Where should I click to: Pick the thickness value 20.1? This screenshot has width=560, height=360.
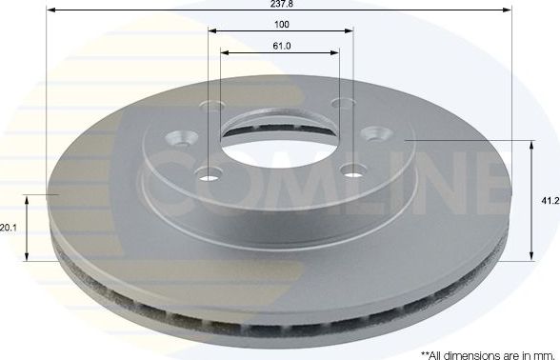pos(9,229)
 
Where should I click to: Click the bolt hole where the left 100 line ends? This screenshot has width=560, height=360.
pos(210,107)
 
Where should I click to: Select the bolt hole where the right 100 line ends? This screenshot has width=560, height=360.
pos(344,107)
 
